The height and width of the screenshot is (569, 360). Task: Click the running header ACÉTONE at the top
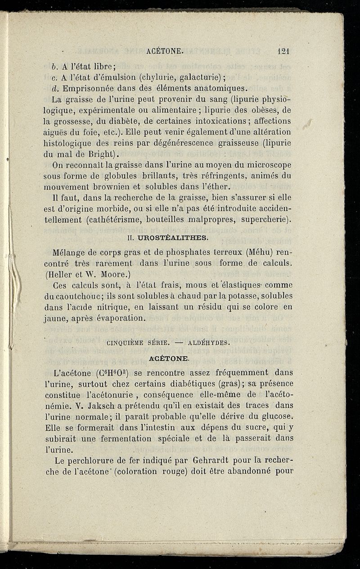pos(165,52)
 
